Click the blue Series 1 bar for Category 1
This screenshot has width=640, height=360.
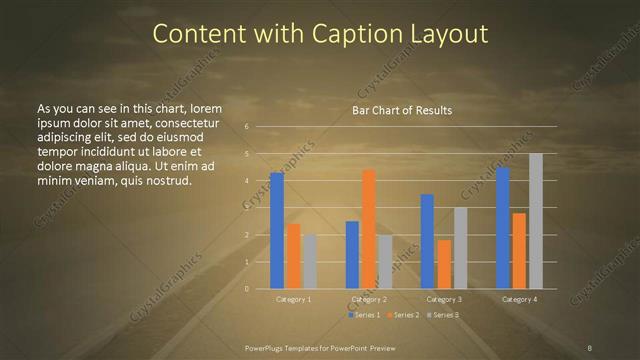click(x=277, y=230)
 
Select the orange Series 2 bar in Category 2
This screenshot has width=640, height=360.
click(x=368, y=229)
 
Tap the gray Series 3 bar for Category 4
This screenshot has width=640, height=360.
click(x=535, y=221)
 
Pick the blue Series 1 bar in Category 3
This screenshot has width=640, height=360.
click(x=427, y=241)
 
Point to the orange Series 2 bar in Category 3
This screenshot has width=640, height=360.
click(x=443, y=264)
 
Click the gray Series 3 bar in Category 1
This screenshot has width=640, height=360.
click(x=309, y=261)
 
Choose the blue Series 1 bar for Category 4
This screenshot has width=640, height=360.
click(x=503, y=227)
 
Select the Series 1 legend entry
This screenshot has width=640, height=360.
click(x=364, y=315)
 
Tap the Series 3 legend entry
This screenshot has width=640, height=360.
click(x=442, y=315)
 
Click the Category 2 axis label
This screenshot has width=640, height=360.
click(x=369, y=299)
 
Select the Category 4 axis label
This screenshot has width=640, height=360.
click(x=519, y=299)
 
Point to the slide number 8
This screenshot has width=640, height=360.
click(x=590, y=347)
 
